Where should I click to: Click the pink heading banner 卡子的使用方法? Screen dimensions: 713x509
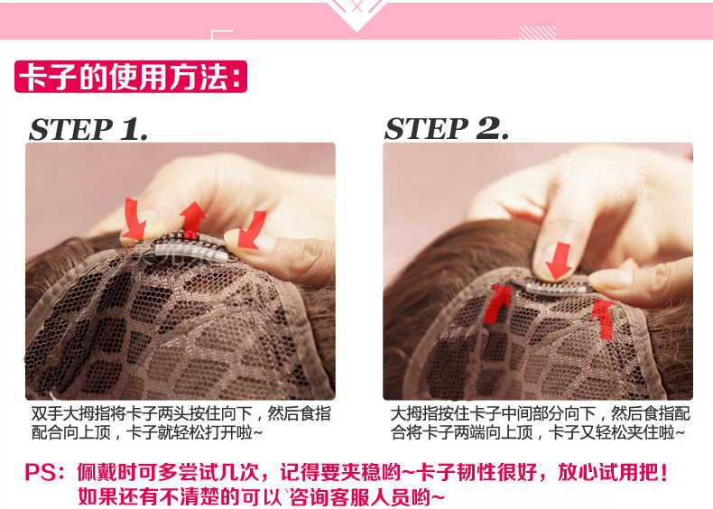(x=131, y=77)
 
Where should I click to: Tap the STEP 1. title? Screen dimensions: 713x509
(x=88, y=129)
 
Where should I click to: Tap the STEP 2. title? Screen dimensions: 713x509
(x=447, y=128)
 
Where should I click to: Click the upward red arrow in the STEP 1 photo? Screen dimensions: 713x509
(x=193, y=219)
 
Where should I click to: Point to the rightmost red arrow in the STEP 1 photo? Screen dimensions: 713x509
(x=252, y=230)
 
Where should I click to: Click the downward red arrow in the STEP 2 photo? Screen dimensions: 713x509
(x=560, y=261)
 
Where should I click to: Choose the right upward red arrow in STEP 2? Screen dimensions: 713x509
(x=604, y=319)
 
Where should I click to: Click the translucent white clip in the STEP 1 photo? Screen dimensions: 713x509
(x=191, y=252)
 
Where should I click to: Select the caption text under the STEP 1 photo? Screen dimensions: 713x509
(x=181, y=423)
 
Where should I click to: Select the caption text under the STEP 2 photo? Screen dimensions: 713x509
(x=540, y=423)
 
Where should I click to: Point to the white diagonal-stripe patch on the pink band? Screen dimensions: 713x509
(x=538, y=32)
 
